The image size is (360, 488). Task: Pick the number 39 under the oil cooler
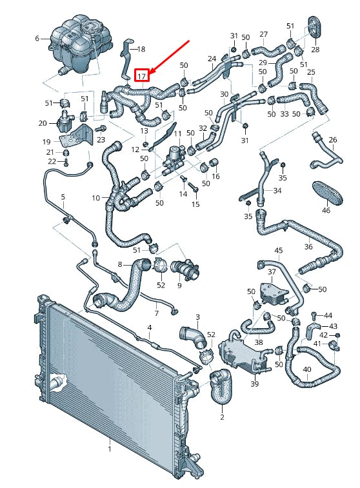[254, 384]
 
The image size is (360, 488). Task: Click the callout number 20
[43, 123]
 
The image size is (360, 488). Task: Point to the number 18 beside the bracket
[141, 49]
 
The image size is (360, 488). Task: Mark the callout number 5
[63, 196]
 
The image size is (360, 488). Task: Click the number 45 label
[278, 250]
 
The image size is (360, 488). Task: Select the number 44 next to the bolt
[328, 315]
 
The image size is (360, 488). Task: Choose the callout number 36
[308, 246]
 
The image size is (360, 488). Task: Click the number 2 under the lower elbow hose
[222, 418]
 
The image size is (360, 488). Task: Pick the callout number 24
[212, 59]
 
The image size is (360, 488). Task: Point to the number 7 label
[155, 313]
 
